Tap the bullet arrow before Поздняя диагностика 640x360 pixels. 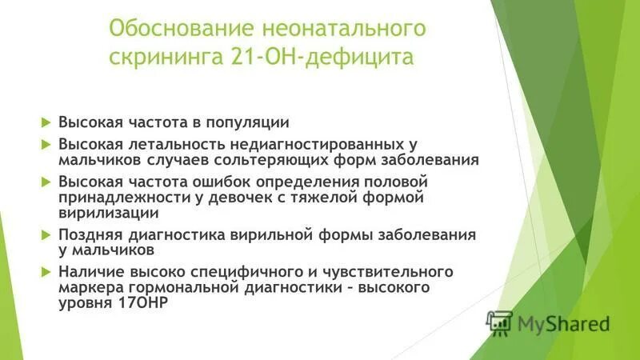click(x=46, y=234)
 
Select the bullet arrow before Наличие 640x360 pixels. click(x=46, y=272)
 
